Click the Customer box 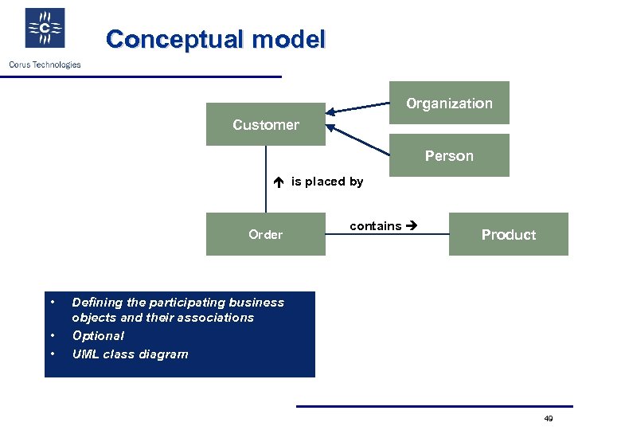tap(265, 125)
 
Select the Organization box tap(449, 104)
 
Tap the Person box tap(449, 155)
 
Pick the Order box tap(265, 234)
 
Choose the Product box tap(508, 234)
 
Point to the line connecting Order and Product tap(387, 235)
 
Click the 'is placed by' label tap(327, 182)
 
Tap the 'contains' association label tap(375, 226)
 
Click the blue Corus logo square tap(45, 29)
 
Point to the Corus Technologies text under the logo tap(45, 64)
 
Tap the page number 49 tap(548, 419)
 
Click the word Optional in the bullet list tap(98, 336)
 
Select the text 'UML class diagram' tap(130, 354)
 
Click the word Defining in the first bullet tap(97, 303)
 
